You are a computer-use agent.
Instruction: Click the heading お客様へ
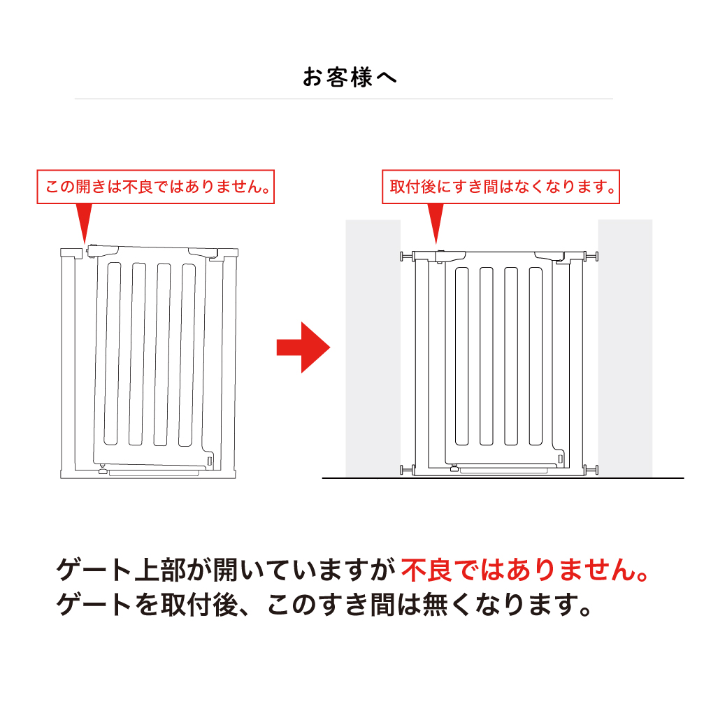pos(350,77)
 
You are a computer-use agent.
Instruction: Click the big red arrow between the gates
pos(303,347)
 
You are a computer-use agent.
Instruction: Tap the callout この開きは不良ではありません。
pos(155,187)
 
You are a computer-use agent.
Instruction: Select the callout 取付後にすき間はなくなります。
pos(501,187)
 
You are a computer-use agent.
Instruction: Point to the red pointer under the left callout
pos(84,223)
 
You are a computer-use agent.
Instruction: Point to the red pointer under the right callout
pos(436,223)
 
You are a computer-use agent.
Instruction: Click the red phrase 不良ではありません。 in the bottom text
pos(524,570)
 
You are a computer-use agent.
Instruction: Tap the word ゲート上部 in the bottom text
pos(121,570)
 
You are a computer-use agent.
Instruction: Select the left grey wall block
pos(373,348)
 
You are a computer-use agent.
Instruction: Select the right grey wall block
pos(625,348)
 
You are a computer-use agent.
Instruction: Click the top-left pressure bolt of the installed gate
pos(406,257)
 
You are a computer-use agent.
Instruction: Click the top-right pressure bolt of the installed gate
pos(591,257)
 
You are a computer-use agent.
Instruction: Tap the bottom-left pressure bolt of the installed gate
pos(406,470)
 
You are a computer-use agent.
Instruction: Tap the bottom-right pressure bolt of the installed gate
pos(591,470)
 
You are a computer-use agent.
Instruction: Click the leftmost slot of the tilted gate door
pos(113,354)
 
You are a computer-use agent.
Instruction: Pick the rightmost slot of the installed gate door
pos(536,356)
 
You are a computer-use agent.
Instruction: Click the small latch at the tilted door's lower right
pos(209,461)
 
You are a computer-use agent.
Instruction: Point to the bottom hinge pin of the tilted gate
pos(103,469)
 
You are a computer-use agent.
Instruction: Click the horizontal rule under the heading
pos(343,99)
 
